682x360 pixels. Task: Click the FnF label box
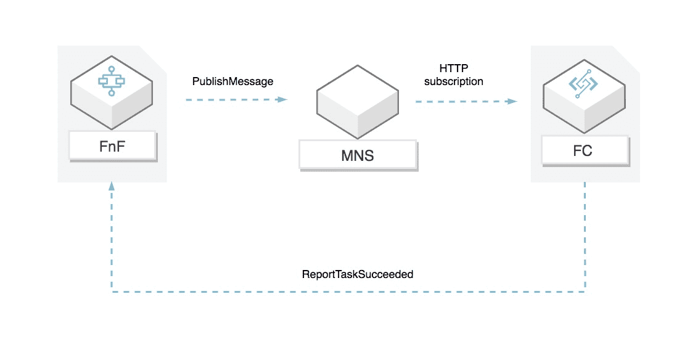point(112,147)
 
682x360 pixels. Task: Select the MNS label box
point(358,155)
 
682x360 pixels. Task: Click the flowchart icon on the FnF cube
point(112,81)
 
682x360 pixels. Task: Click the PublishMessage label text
point(232,81)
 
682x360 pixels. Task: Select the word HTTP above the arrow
point(453,68)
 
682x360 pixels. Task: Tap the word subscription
point(453,81)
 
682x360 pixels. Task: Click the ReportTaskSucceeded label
point(357,274)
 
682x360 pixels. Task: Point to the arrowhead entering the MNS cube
point(283,99)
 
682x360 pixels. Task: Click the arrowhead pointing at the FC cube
point(512,101)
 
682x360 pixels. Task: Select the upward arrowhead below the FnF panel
point(112,186)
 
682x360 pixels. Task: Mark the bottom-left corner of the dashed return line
point(112,290)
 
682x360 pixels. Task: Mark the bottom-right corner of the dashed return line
point(585,290)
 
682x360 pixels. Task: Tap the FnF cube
point(112,99)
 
